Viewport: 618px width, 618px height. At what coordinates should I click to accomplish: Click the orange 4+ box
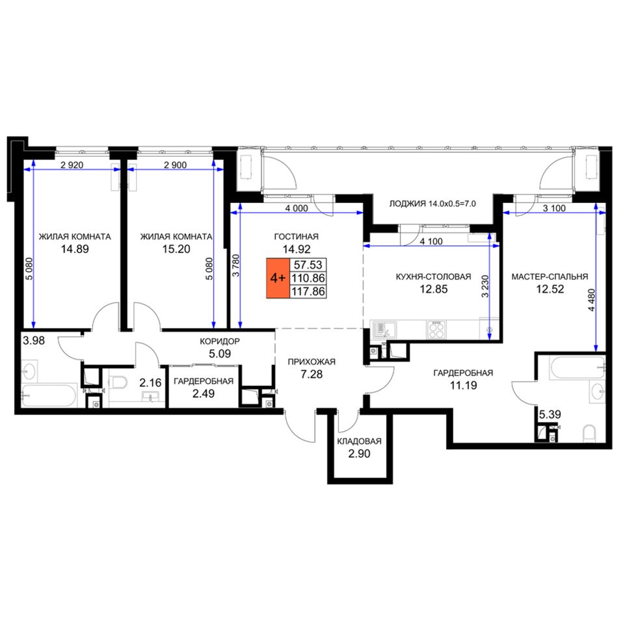pyautogui.click(x=278, y=278)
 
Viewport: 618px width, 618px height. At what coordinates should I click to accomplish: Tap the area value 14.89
pyautogui.click(x=75, y=249)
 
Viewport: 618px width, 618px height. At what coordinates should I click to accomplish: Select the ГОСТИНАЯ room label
pyautogui.click(x=297, y=237)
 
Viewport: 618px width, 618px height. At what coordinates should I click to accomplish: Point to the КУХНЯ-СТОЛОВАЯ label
pyautogui.click(x=433, y=276)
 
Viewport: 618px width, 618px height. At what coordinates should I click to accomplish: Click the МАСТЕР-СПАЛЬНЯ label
pyautogui.click(x=550, y=276)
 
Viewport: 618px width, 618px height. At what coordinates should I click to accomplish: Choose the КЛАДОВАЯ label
pyautogui.click(x=360, y=441)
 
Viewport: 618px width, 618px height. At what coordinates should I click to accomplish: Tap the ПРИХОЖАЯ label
pyautogui.click(x=312, y=362)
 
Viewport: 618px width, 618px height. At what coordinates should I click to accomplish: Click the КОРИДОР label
pyautogui.click(x=219, y=342)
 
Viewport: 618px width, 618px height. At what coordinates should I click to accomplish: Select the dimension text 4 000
pyautogui.click(x=297, y=208)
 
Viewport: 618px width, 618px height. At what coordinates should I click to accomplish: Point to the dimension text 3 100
pyautogui.click(x=554, y=208)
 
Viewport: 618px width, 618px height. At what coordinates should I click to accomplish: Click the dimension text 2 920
pyautogui.click(x=72, y=165)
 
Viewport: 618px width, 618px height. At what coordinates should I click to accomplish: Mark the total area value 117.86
pyautogui.click(x=308, y=291)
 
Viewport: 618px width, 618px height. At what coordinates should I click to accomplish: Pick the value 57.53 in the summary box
pyautogui.click(x=308, y=265)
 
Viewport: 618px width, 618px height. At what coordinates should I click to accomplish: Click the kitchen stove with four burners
pyautogui.click(x=437, y=330)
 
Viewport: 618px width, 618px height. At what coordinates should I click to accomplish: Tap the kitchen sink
pyautogui.click(x=383, y=330)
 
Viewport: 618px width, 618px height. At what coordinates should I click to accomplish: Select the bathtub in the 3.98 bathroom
pyautogui.click(x=49, y=396)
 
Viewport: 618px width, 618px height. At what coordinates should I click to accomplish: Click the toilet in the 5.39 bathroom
pyautogui.click(x=589, y=433)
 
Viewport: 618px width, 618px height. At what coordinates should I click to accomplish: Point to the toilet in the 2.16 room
pyautogui.click(x=118, y=382)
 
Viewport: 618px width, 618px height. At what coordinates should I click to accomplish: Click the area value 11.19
pyautogui.click(x=463, y=385)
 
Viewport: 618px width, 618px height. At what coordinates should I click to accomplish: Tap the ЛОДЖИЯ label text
pyautogui.click(x=407, y=204)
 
